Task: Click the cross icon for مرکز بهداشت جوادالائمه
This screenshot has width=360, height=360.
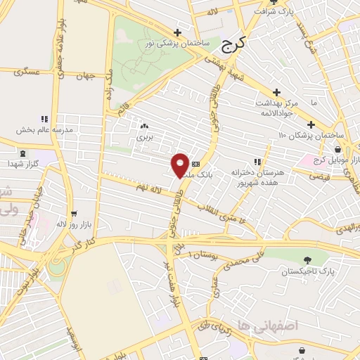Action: coord(276,92)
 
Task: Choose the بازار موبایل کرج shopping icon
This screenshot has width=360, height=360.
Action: coord(338,149)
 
